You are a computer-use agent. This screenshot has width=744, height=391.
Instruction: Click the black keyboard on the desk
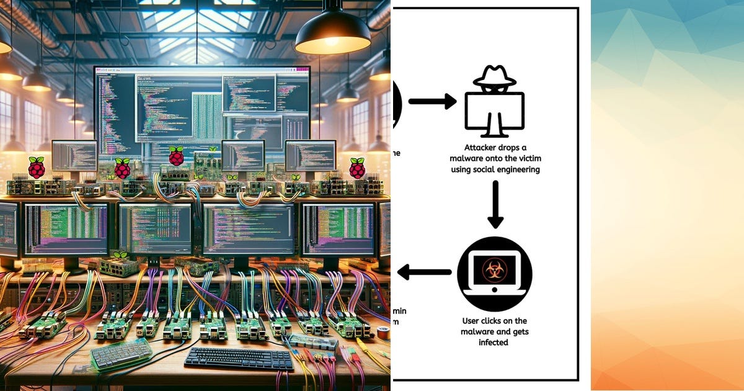click(x=239, y=358)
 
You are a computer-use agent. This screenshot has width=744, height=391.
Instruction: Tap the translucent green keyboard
click(x=122, y=353)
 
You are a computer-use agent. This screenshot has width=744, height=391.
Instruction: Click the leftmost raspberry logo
click(x=37, y=168)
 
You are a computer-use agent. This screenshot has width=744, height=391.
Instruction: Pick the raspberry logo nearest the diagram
click(x=357, y=168)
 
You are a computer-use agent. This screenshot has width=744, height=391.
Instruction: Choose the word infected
click(x=494, y=342)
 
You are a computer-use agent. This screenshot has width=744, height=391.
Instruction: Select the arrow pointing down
click(x=495, y=204)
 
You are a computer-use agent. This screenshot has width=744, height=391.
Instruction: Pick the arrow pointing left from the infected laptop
click(x=424, y=272)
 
